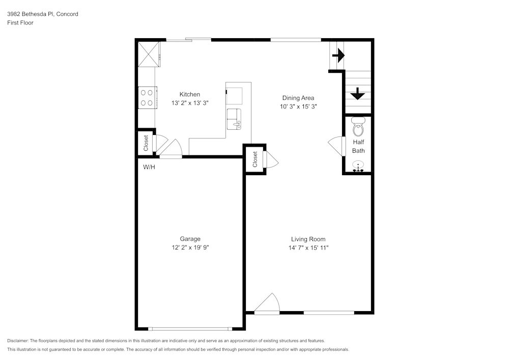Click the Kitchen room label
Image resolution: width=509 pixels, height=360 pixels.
click(x=189, y=94)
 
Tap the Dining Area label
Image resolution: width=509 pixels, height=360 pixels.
click(x=298, y=98)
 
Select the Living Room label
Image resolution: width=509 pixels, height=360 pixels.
click(x=308, y=239)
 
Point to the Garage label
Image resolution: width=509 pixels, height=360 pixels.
click(x=190, y=239)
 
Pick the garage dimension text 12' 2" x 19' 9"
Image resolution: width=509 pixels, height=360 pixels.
click(x=190, y=247)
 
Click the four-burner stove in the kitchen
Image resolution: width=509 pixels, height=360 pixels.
click(x=147, y=98)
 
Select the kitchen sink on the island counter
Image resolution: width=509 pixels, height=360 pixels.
click(x=235, y=118)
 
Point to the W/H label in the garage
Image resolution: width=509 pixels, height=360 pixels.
click(x=149, y=167)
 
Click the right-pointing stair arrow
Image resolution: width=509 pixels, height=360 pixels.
click(x=338, y=55)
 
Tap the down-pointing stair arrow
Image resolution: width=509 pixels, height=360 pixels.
click(x=358, y=93)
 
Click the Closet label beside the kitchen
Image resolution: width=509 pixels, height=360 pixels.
click(x=146, y=143)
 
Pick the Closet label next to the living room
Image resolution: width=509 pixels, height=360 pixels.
click(x=255, y=159)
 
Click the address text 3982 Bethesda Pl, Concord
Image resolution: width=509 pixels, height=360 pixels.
click(x=43, y=14)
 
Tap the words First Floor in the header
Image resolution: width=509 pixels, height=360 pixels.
click(x=20, y=23)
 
